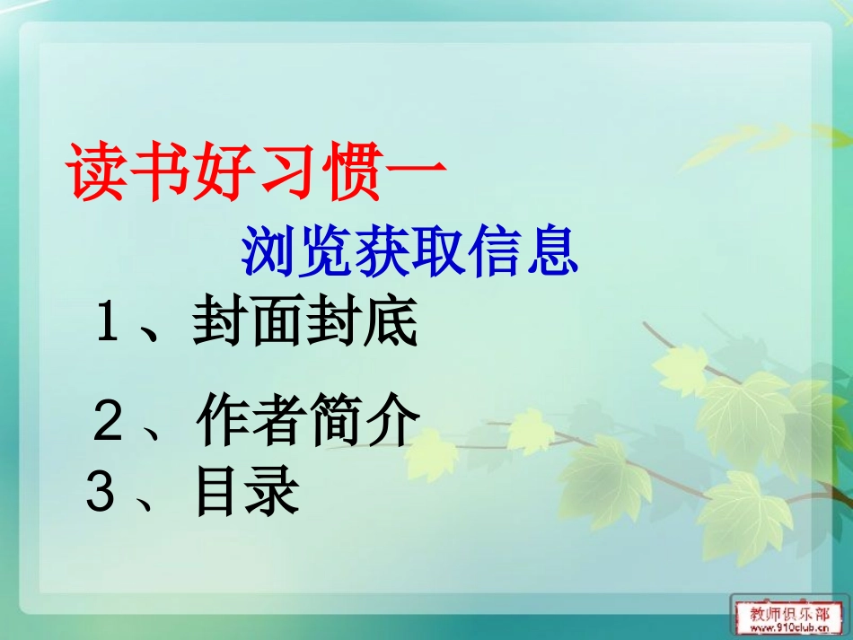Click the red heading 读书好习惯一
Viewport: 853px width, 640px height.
click(x=257, y=171)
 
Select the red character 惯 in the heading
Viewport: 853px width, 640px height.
click(x=350, y=171)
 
